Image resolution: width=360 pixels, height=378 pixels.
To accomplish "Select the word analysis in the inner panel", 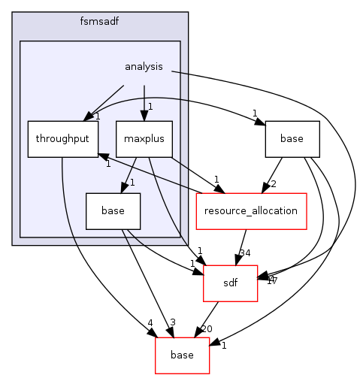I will click(144, 67).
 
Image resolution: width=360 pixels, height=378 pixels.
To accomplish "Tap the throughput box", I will click(57, 139).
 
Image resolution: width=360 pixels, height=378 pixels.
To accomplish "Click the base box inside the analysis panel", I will click(113, 210).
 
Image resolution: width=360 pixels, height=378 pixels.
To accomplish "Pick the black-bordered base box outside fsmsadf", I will click(292, 139).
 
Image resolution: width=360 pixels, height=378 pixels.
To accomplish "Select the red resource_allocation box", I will click(252, 210).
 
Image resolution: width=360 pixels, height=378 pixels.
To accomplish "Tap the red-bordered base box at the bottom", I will click(183, 354).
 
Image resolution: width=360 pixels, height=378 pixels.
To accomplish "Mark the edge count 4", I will click(150, 323).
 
